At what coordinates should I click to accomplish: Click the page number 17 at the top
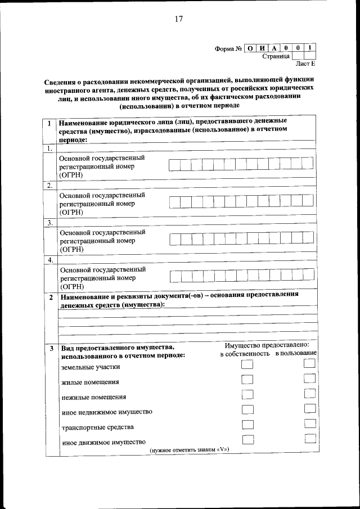(x=178, y=19)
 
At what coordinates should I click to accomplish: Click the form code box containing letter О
(x=250, y=48)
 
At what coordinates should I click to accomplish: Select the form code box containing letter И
(x=262, y=48)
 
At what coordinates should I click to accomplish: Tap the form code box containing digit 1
(x=310, y=48)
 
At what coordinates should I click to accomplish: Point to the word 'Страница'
(x=276, y=56)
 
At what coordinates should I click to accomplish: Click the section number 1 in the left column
(x=50, y=124)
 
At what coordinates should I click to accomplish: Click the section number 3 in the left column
(x=50, y=349)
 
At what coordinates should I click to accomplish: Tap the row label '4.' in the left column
(x=50, y=260)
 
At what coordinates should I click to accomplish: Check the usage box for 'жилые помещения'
(x=309, y=379)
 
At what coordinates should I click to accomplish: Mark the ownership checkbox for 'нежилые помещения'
(x=246, y=395)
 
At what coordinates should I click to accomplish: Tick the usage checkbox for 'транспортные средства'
(x=309, y=424)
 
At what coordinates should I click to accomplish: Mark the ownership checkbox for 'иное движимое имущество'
(x=246, y=439)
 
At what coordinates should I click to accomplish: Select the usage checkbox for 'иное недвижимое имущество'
(x=309, y=409)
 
